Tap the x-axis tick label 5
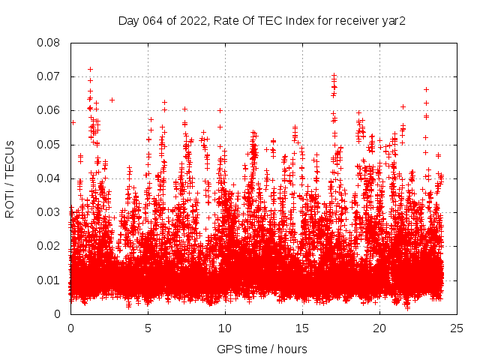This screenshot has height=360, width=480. click(x=148, y=328)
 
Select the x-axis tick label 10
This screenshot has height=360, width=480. click(x=225, y=328)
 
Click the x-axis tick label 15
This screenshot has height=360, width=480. click(x=302, y=328)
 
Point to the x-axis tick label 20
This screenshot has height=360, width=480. click(x=379, y=328)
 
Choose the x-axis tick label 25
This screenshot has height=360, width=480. click(x=457, y=328)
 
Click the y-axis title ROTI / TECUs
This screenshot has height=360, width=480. click(x=10, y=178)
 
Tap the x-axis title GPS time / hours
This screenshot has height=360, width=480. click(x=262, y=349)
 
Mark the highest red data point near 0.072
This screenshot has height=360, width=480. click(x=91, y=69)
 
